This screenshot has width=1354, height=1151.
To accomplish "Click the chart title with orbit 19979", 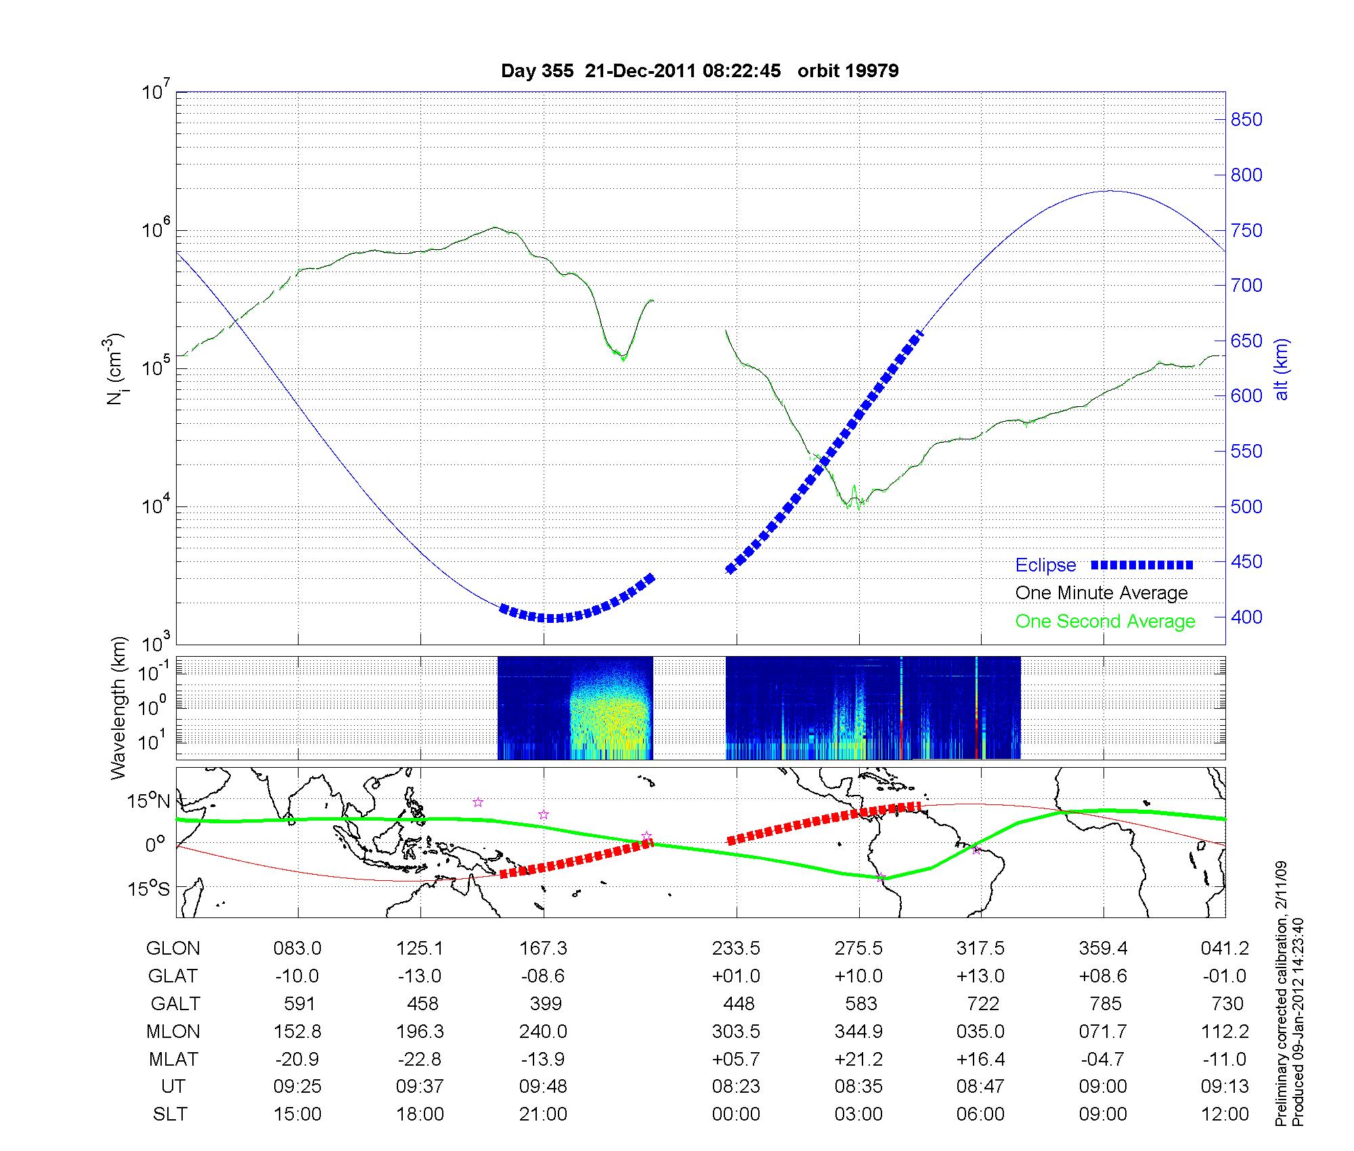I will point(699,71).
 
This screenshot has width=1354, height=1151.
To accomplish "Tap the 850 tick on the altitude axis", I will point(1246,120).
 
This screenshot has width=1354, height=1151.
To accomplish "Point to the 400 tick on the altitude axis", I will point(1246,617).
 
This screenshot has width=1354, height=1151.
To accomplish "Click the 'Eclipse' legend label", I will point(1045,565).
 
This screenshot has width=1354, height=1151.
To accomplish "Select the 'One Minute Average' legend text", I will point(1101,593).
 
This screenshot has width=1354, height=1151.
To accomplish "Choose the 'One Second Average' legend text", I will point(1105,622).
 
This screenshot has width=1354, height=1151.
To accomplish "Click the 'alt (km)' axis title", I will point(1282,369).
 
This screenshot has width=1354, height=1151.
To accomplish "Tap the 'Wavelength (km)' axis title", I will point(118,708).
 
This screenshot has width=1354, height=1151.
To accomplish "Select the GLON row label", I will point(173,949).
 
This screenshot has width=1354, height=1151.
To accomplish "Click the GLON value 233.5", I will point(736,949).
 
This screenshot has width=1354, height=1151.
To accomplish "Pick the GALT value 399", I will point(546,1003).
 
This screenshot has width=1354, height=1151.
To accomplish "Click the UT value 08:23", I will point(736,1087).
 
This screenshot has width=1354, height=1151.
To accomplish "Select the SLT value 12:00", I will point(1225,1114).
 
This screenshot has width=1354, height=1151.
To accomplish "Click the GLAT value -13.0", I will point(420,976).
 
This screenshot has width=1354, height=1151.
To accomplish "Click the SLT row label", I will point(170,1114).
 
